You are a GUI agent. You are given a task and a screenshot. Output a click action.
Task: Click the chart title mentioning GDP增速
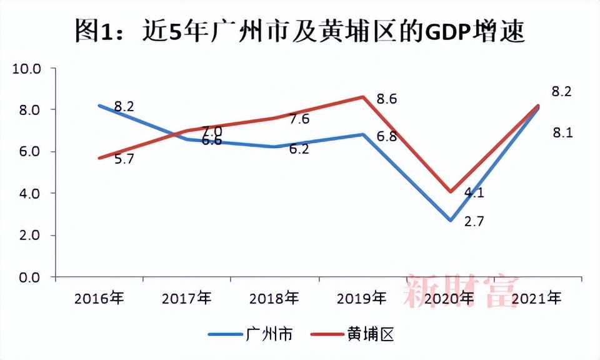point(299,29)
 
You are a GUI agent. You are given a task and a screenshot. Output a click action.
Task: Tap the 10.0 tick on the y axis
point(26,68)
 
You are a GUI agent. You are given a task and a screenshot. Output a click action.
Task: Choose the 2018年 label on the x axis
point(274,298)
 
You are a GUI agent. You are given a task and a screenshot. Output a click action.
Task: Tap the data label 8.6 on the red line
point(387,99)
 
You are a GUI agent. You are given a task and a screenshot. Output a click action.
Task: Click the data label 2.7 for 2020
point(474,221)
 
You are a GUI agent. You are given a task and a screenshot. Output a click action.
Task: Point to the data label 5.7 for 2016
point(124,159)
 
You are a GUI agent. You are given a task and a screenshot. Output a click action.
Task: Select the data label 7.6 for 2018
point(299,119)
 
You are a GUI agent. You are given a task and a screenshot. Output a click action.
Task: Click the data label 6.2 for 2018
point(299,150)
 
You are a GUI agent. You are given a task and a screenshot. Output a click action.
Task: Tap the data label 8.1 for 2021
point(562,132)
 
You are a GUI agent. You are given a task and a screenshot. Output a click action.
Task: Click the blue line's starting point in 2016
point(99,106)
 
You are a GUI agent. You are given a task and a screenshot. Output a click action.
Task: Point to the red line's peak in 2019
point(362,97)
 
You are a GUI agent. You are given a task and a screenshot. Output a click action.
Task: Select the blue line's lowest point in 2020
point(449,221)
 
